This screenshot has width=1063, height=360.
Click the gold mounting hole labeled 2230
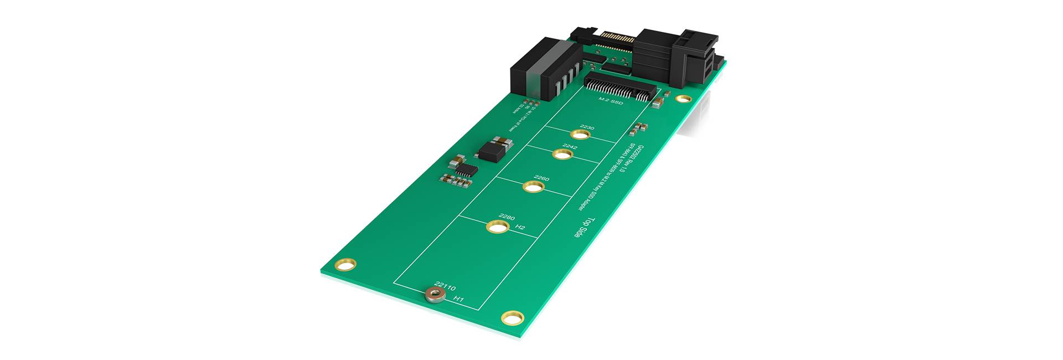[580, 135]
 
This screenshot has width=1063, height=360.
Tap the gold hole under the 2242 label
[561, 153]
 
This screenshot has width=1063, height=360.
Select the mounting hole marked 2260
[533, 187]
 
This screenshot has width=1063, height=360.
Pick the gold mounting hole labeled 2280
[497, 227]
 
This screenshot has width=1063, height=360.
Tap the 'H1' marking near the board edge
[458, 299]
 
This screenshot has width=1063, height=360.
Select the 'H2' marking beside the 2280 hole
[520, 227]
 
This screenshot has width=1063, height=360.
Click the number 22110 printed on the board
[445, 287]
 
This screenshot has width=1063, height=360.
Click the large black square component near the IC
[103, 150]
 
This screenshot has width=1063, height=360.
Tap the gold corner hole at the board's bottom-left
[346, 266]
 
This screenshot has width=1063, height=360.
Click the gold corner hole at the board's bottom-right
[512, 318]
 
